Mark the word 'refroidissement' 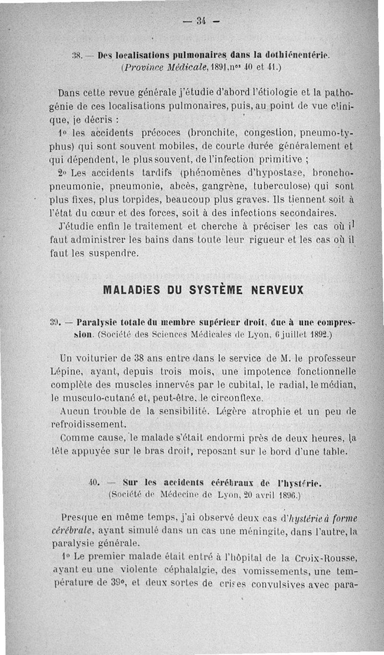tap(88, 424)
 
